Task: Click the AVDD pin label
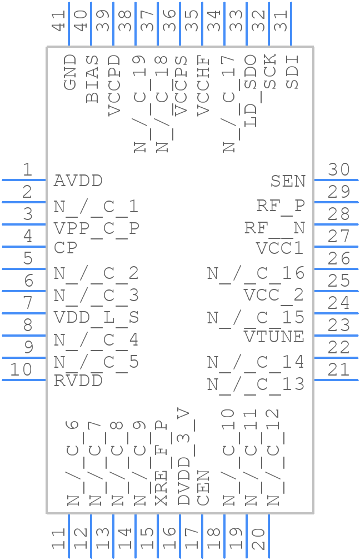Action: pos(78,181)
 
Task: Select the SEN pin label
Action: pos(288,181)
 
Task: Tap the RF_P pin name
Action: pos(281,206)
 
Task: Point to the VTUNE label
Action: pos(274,337)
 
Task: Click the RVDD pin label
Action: pos(78,381)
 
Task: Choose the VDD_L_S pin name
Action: pos(96,318)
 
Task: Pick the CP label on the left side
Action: pos(65,248)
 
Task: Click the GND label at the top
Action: pos(70,72)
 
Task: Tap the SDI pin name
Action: pos(292,72)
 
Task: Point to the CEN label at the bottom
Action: pos(203,488)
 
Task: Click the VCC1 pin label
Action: pos(279,248)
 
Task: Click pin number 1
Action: pos(27,170)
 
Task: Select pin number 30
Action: pos(338,170)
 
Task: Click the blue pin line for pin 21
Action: pos(336,380)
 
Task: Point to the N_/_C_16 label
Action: pos(256,273)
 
